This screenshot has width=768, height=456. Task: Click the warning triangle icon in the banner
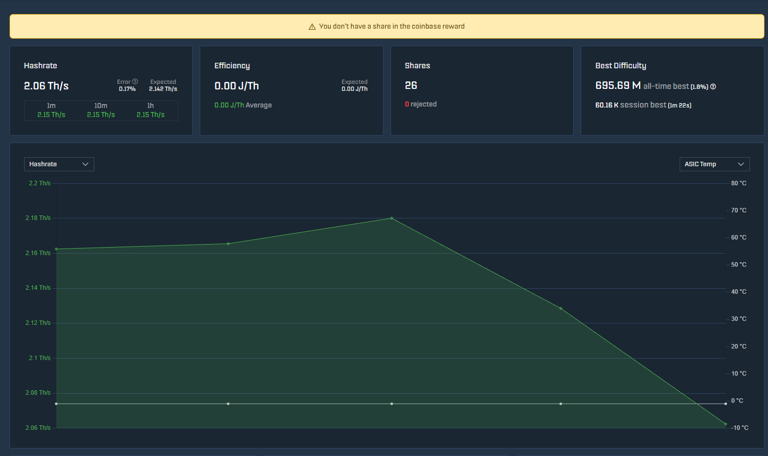click(x=312, y=27)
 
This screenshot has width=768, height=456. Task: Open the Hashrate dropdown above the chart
click(x=59, y=164)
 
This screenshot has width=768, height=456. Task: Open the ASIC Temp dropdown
click(x=714, y=164)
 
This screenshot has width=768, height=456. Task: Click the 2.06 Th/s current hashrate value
click(x=46, y=86)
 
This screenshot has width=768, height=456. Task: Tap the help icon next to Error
click(x=135, y=82)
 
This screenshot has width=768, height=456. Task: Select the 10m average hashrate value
click(x=101, y=115)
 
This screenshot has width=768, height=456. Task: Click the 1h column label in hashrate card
click(x=150, y=105)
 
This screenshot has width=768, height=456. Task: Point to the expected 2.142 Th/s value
click(x=163, y=89)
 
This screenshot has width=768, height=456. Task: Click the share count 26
click(x=411, y=85)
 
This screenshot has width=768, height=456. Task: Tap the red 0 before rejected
click(x=407, y=104)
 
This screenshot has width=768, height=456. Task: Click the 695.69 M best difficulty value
click(x=618, y=85)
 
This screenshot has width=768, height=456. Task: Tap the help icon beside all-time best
click(x=713, y=87)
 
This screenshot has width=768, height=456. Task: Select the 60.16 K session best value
click(x=607, y=105)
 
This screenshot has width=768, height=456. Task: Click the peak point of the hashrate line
click(x=392, y=218)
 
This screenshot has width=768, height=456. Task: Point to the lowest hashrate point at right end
click(x=725, y=424)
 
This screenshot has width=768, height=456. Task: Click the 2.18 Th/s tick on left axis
click(x=38, y=218)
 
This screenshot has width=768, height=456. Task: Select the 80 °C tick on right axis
click(x=738, y=183)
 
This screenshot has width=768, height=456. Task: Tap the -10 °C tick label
click(x=739, y=428)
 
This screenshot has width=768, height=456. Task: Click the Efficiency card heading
click(x=232, y=66)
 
